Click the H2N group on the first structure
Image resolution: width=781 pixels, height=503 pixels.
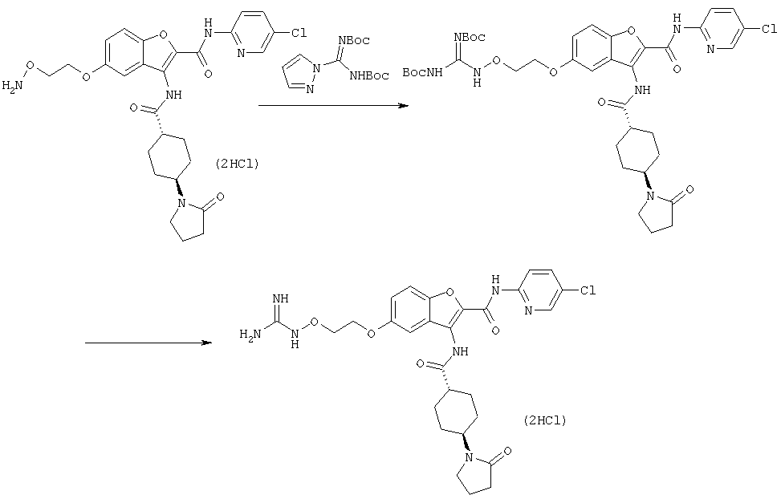[x=13, y=86]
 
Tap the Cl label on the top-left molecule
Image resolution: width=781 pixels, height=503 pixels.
[x=299, y=34]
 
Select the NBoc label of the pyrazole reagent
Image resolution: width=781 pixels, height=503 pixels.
[x=354, y=40]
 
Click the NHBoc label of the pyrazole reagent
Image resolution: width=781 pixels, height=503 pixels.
[x=369, y=75]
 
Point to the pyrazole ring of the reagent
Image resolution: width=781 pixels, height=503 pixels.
[x=298, y=74]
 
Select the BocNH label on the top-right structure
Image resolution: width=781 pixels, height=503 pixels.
[x=422, y=73]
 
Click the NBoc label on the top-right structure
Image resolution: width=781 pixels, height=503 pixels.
[x=470, y=38]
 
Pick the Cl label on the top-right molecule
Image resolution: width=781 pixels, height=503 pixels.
[x=769, y=30]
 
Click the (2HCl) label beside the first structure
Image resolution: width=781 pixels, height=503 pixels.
[x=237, y=164]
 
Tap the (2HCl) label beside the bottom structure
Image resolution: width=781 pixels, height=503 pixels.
[x=545, y=420]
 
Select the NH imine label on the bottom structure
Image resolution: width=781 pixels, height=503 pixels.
[x=280, y=298]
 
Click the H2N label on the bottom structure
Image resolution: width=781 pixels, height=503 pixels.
[x=250, y=334]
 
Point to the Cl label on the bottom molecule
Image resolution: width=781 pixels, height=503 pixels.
[x=588, y=290]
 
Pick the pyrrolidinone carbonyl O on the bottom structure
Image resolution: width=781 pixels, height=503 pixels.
[x=507, y=451]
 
